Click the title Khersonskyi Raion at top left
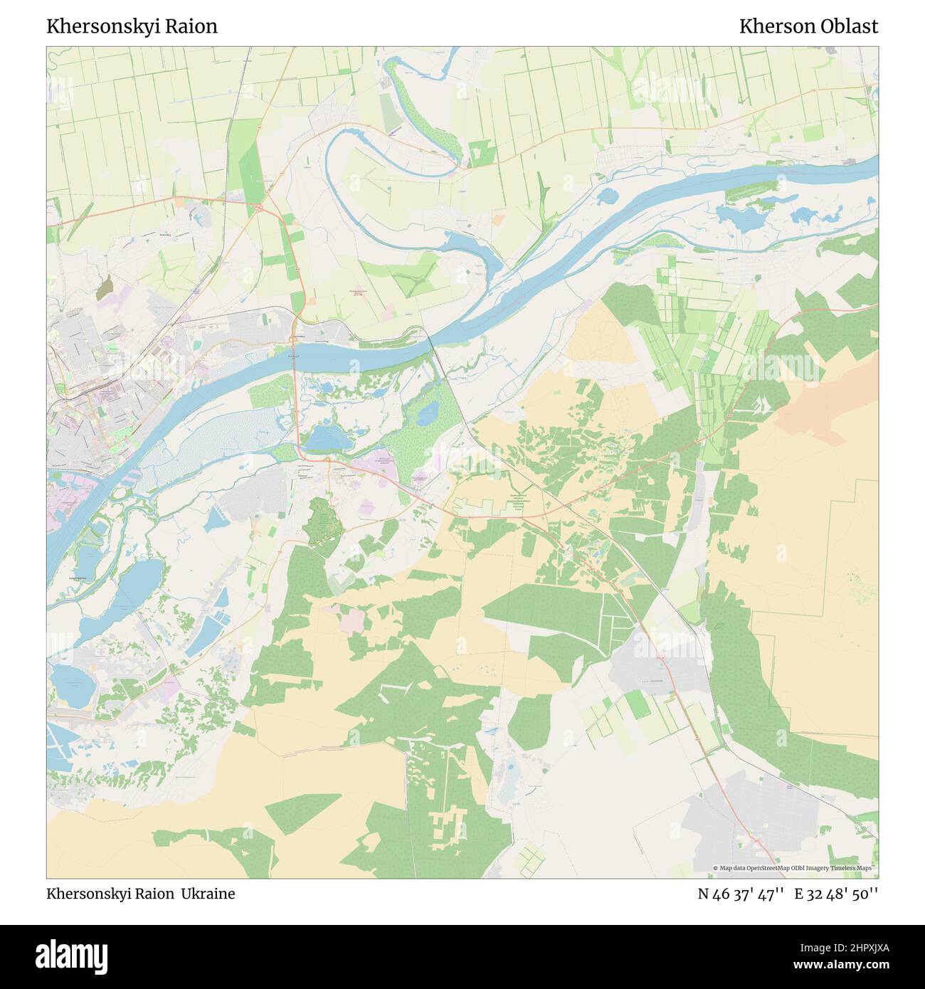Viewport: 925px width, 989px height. coord(132,26)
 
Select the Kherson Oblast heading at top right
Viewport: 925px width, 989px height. coord(808,26)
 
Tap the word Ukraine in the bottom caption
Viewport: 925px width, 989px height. coord(208,894)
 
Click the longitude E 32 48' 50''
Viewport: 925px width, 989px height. coord(837,894)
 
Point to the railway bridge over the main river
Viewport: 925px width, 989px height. coord(432,343)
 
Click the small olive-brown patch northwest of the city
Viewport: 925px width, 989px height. coord(104,287)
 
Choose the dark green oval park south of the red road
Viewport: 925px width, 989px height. coord(322,523)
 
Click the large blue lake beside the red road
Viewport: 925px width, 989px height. coord(327,438)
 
